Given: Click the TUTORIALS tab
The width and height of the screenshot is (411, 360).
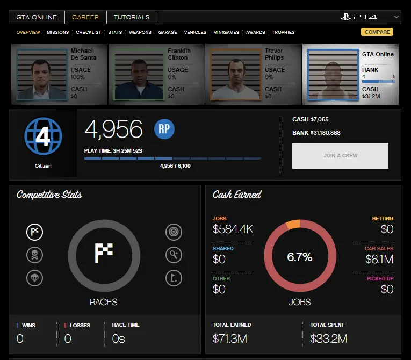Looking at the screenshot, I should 132,17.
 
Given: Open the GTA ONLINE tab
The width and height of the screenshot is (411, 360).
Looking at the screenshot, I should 37,17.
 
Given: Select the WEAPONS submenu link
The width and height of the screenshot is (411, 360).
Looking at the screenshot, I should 140,32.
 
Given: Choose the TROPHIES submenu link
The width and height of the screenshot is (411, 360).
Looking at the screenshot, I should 283,32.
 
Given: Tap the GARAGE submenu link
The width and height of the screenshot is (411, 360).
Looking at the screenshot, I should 168,32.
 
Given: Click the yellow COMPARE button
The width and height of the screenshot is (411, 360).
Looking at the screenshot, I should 377,32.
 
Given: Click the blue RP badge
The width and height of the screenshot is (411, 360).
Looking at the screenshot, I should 164,129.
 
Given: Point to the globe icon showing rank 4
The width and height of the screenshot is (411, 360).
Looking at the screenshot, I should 43,137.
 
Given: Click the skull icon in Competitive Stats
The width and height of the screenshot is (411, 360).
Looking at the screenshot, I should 34,255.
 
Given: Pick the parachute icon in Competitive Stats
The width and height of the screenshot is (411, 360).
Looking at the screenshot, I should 34,277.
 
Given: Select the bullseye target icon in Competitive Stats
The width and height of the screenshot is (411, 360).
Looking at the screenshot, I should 174,232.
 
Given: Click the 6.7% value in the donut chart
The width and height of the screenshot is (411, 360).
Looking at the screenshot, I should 299,257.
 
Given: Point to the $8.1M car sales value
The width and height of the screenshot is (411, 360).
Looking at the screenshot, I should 379,260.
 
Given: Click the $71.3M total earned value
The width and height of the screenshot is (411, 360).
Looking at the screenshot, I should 229,339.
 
